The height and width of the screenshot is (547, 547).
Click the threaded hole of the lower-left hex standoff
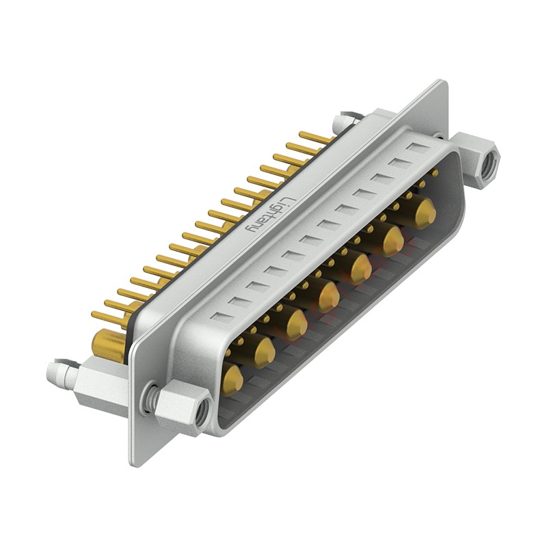pos(200,412)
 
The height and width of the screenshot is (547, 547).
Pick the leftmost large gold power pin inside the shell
pos(232,380)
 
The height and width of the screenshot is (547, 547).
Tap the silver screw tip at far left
pos(55,373)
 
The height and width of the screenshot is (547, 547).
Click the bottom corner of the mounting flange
pos(134,462)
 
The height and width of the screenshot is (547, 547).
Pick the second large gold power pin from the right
pos(393,240)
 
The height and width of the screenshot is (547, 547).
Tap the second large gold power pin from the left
pos(264,351)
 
